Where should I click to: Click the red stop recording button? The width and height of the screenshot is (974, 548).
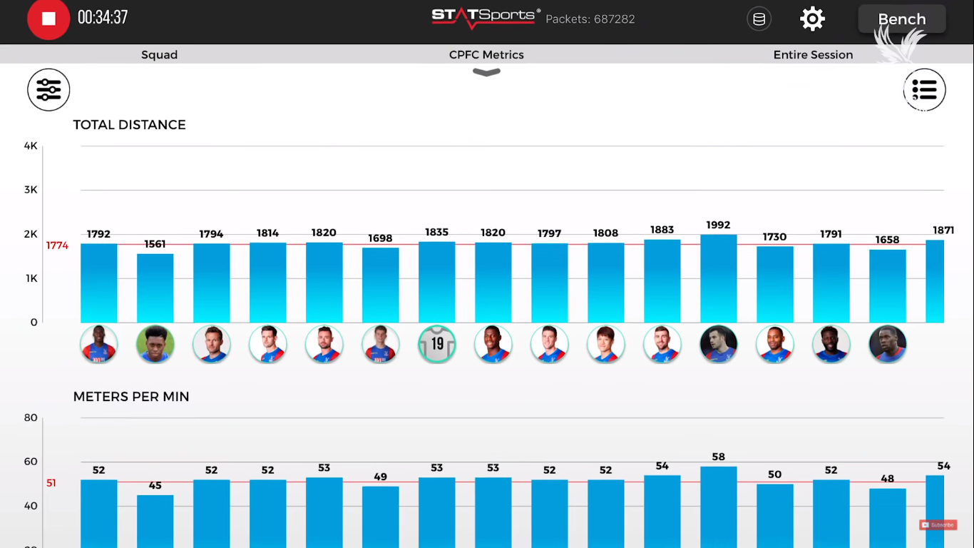click(x=48, y=19)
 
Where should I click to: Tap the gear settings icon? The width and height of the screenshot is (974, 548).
click(x=812, y=19)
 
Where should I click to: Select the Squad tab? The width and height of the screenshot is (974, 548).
click(x=159, y=55)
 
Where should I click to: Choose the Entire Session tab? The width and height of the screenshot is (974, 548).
click(x=813, y=55)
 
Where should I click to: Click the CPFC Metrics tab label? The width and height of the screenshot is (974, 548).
click(x=486, y=55)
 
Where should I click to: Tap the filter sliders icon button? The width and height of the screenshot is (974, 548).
click(x=48, y=90)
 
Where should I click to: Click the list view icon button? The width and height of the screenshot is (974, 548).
click(x=924, y=90)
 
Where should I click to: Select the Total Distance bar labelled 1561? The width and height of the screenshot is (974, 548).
click(x=155, y=288)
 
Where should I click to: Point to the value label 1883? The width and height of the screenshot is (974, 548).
click(x=662, y=230)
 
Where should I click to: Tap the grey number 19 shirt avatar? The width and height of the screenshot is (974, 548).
click(x=436, y=344)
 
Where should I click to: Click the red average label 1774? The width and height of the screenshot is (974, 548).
click(x=57, y=245)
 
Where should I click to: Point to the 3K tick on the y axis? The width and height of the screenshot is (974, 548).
click(x=31, y=190)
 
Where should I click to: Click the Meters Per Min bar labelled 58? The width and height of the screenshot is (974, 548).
click(x=718, y=507)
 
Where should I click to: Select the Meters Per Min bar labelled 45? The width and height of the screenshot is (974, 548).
click(x=155, y=521)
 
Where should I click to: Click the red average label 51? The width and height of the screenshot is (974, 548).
click(x=51, y=483)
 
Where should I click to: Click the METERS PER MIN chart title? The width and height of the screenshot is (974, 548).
click(x=131, y=397)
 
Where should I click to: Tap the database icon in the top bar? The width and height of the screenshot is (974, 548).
click(x=759, y=19)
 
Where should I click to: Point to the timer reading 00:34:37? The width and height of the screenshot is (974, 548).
click(x=103, y=18)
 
